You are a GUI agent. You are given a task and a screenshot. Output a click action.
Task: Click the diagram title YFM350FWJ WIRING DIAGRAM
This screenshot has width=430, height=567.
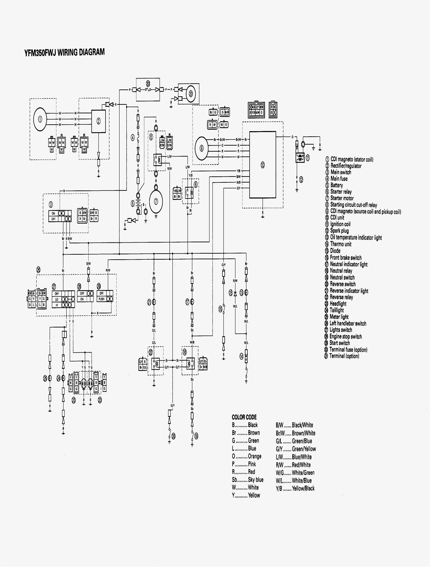tap(64, 52)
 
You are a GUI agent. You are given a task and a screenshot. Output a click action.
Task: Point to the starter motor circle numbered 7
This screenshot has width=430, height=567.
tap(156, 201)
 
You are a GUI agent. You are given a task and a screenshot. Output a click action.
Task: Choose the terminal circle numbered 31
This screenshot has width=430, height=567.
tap(190, 94)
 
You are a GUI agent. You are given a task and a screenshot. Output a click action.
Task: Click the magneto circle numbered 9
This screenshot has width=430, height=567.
tap(202, 148)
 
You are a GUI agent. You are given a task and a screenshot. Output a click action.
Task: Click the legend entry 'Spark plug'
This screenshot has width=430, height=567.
tap(339, 231)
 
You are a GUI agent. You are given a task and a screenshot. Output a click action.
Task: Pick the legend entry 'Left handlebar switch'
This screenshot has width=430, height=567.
tap(348, 324)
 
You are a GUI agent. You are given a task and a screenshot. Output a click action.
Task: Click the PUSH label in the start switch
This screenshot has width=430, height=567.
tap(101, 299)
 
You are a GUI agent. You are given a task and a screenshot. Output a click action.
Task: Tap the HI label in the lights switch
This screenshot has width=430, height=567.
tap(57, 305)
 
